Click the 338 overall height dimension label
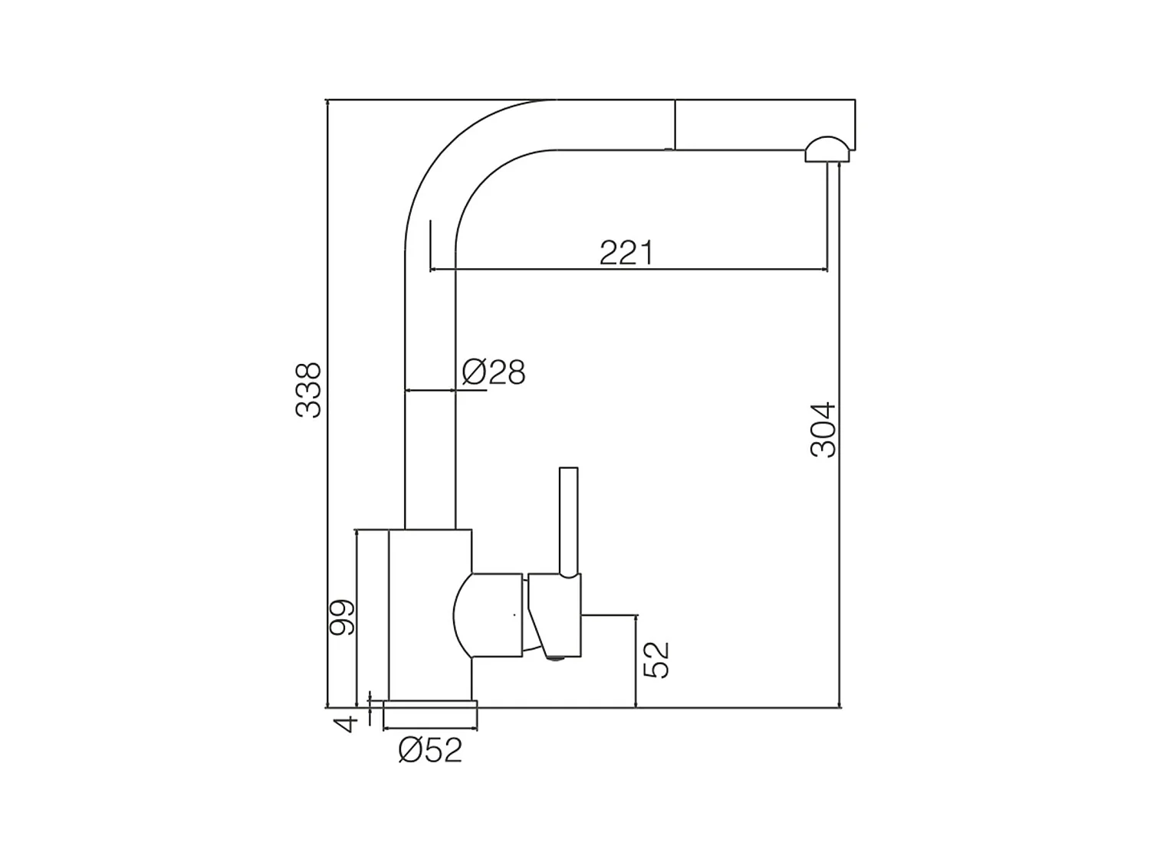coord(308,390)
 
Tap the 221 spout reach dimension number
coord(626,253)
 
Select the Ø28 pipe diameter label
coord(494,372)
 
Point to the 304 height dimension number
coord(823,430)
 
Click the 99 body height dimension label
coord(342,618)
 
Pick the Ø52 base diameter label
coord(430,750)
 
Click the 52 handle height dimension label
coord(656,660)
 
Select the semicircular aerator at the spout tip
coord(827,149)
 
